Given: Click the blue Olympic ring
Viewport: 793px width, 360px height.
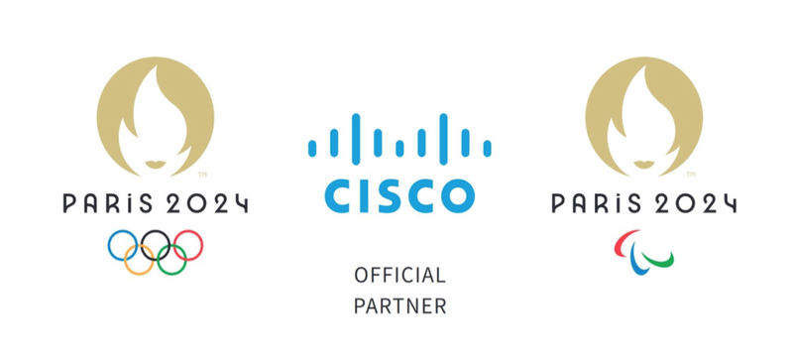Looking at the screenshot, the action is point(108,246).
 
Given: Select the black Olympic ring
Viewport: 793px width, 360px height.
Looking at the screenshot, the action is point(156,231).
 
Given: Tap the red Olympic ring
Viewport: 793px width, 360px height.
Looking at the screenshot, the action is point(202,246).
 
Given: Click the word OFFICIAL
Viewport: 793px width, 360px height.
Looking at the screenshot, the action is point(399,276).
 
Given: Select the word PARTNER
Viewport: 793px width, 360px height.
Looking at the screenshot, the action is point(399,305).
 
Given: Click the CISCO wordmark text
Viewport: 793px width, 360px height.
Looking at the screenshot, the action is point(399,195).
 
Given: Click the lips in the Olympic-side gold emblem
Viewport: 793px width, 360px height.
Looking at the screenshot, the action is point(156,165).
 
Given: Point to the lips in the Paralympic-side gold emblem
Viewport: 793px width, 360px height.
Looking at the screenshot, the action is point(643,165).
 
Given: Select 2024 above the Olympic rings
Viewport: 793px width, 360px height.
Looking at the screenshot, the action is point(206,203).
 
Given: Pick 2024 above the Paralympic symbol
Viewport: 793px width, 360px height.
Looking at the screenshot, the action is point(695,203).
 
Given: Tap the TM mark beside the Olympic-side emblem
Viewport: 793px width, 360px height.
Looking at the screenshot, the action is point(202,175).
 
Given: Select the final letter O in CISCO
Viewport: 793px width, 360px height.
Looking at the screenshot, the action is point(456,195).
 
